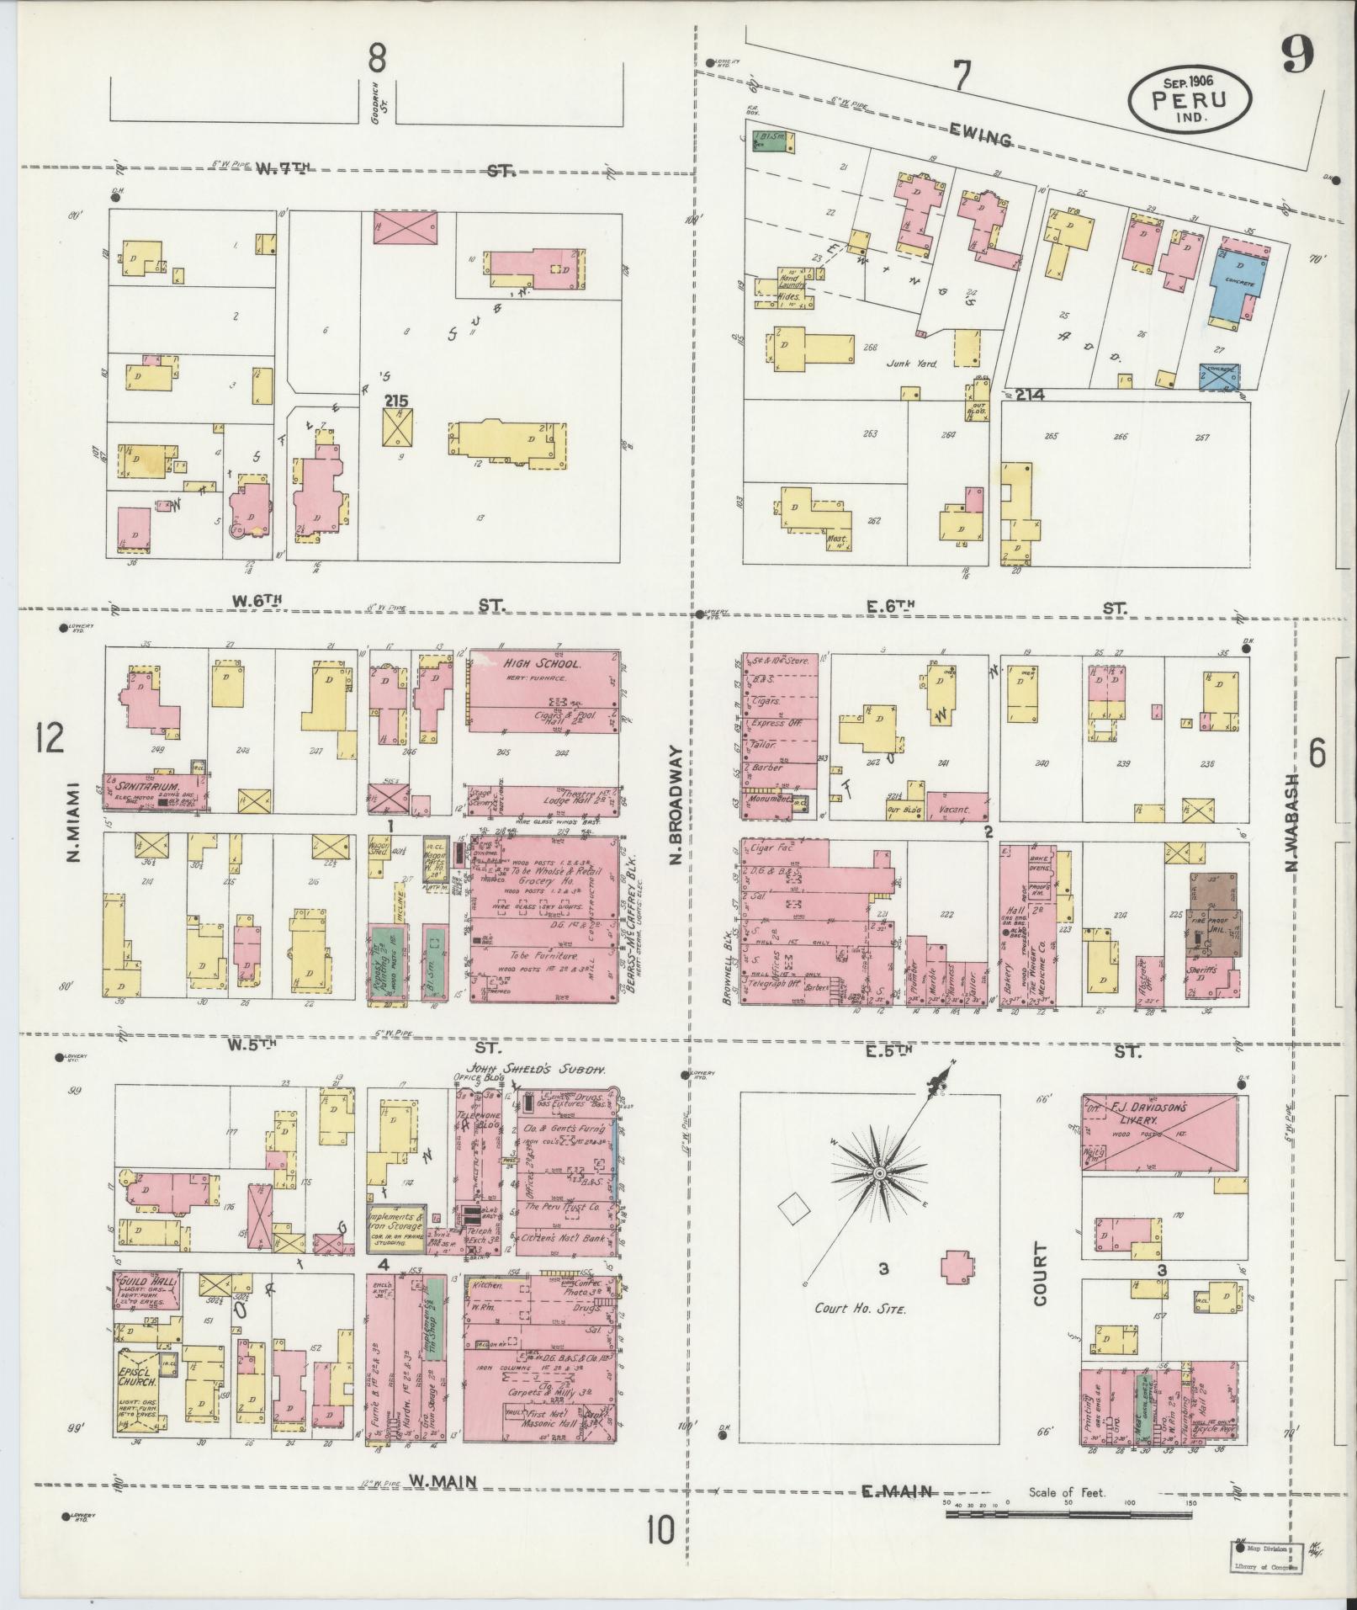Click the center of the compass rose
tap(878, 1172)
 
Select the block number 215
tap(396, 402)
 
